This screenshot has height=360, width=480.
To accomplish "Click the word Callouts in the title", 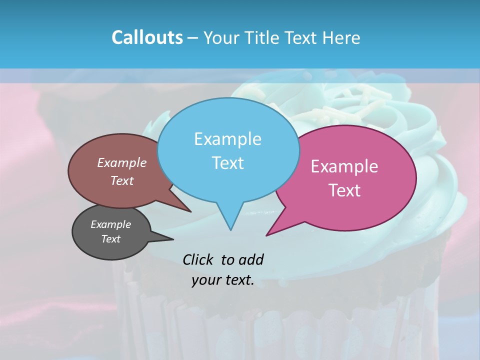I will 147,38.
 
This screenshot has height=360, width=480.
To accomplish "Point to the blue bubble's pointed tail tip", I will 230,230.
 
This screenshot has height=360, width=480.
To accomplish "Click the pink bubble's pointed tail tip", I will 266,235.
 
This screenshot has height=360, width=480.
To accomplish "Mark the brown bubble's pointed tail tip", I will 190,211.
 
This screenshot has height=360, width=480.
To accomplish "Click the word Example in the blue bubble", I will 227,139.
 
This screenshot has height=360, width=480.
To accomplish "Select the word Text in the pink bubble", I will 344,190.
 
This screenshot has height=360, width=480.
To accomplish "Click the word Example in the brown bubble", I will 122,162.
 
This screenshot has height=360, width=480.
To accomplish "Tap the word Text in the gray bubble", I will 111,239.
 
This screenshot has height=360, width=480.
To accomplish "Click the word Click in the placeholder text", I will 198,259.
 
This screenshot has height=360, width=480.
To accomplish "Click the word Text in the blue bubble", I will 227,163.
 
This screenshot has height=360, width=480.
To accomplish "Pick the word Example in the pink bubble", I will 344,166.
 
